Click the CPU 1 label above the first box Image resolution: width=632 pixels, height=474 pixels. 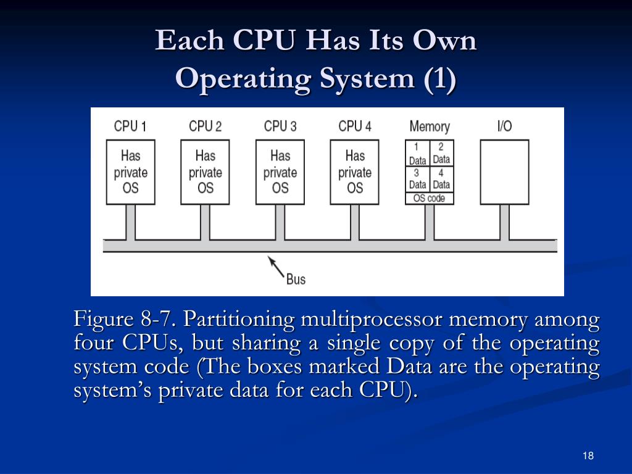pos(130,127)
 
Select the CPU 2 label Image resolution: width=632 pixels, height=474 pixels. pos(205,127)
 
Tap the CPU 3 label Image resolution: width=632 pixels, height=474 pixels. pos(280,127)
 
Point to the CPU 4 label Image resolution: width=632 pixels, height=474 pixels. pos(355,127)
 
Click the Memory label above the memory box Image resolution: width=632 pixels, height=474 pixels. pos(430,127)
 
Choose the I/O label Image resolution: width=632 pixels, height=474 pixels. pos(504,127)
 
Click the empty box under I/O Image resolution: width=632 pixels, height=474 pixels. pos(504,172)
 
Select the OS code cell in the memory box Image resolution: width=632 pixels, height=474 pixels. pos(430,198)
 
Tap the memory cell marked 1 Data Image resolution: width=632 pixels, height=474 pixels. pos(417,154)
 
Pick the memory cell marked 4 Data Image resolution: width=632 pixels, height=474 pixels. pos(441,179)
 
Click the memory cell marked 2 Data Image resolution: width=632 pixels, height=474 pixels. pos(441,154)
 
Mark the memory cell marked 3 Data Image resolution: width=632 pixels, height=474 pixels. pos(417,179)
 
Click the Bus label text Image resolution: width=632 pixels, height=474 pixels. pos(296,279)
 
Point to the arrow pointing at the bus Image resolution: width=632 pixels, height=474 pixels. pos(276,267)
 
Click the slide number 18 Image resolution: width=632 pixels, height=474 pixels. pos(588,456)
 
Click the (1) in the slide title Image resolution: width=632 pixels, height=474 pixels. pos(439,79)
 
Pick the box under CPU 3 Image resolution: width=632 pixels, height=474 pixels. pos(280,172)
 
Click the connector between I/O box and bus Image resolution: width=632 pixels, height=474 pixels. pos(504,222)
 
